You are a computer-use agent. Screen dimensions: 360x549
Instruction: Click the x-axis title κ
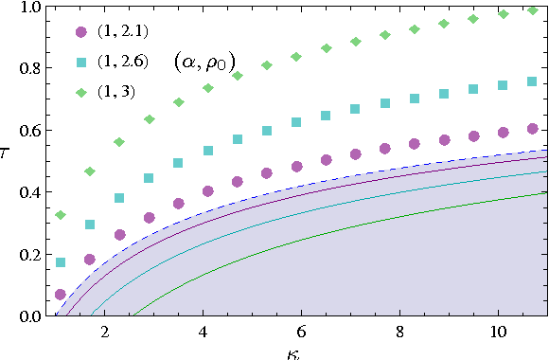tap(297, 351)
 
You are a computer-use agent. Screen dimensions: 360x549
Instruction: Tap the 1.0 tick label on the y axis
tap(29, 8)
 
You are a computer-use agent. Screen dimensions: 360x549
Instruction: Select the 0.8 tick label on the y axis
tap(29, 69)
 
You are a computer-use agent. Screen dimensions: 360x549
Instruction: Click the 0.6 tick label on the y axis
tap(29, 131)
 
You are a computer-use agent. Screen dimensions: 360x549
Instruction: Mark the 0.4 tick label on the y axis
tap(29, 192)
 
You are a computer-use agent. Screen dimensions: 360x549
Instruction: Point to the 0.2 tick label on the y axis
tap(29, 254)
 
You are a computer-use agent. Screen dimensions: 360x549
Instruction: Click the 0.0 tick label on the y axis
tap(29, 315)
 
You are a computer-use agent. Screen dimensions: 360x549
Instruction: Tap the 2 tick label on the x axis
tap(105, 333)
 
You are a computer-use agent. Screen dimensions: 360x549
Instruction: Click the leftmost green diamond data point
tap(61, 215)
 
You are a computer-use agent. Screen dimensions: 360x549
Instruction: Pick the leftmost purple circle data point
tap(61, 295)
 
